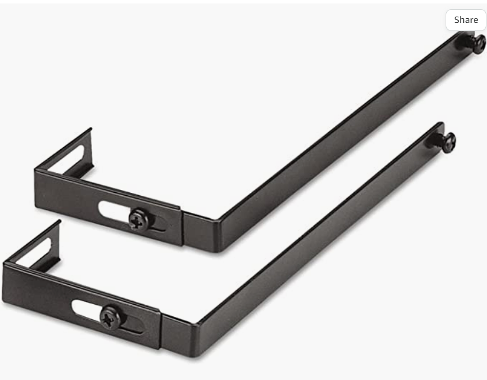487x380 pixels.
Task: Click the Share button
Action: click(x=466, y=20)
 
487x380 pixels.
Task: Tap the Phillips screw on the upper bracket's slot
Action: click(x=138, y=219)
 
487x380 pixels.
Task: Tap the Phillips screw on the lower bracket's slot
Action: click(x=110, y=317)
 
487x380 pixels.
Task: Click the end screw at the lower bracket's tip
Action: click(x=449, y=142)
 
